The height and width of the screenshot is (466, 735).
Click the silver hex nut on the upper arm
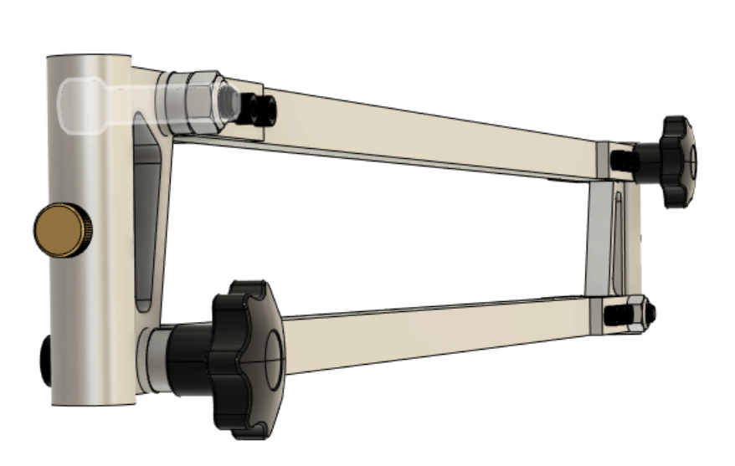[194, 102]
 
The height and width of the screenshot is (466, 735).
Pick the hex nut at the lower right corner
[639, 312]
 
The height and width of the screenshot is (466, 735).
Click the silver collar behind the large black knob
[153, 357]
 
